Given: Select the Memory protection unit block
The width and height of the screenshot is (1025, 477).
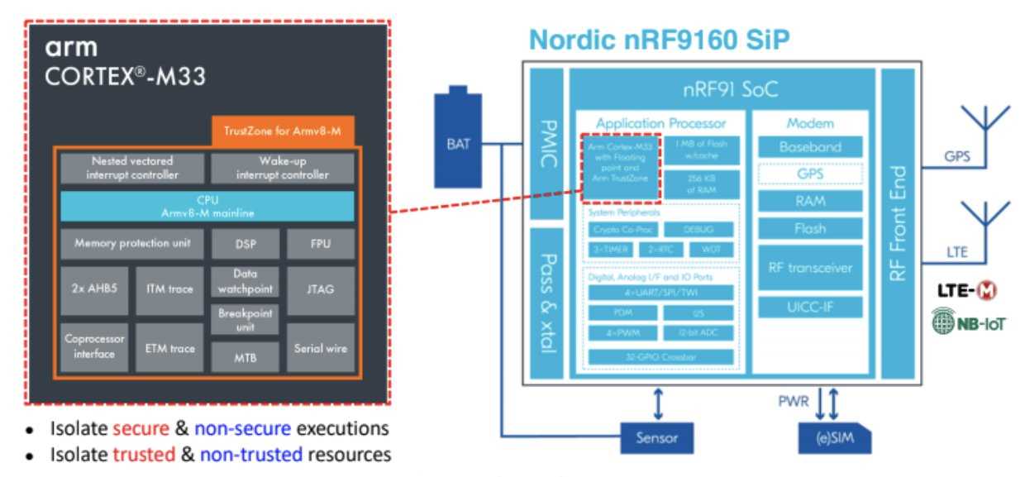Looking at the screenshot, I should [x=132, y=244].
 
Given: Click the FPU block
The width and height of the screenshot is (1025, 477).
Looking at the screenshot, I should [x=320, y=244].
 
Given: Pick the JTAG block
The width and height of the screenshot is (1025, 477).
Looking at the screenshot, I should [x=320, y=289].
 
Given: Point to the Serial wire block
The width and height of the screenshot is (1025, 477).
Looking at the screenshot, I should [x=320, y=348].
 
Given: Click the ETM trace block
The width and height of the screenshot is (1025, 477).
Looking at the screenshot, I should [x=169, y=348].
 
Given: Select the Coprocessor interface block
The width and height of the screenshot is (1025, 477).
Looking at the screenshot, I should [x=94, y=348].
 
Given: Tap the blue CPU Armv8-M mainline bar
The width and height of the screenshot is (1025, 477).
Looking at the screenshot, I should [x=207, y=207].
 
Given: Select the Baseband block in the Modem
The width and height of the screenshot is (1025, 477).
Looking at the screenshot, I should [x=810, y=147].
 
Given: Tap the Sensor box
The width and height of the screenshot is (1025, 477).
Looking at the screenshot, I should [x=657, y=437].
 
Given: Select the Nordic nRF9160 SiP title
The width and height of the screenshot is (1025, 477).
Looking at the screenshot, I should [x=659, y=39].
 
